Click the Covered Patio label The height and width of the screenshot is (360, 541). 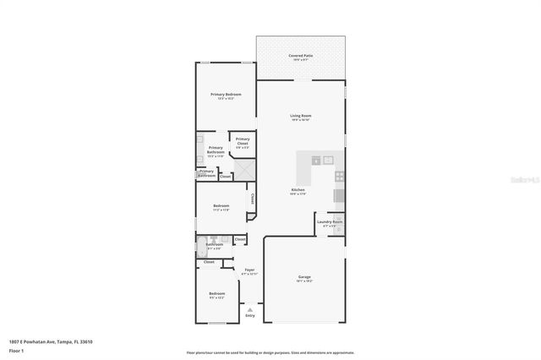[301, 56]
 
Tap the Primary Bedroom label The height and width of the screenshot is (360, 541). [226, 95]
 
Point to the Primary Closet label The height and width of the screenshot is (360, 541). [243, 141]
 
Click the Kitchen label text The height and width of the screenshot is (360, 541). [298, 190]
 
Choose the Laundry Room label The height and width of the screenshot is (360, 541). [330, 223]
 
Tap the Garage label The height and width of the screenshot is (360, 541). [304, 278]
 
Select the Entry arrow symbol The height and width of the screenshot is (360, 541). [249, 308]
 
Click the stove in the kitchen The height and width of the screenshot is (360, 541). [340, 177]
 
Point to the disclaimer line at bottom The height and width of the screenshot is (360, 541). [270, 352]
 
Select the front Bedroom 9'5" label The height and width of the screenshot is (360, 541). [217, 295]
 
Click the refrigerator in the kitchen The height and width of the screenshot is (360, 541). [339, 197]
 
